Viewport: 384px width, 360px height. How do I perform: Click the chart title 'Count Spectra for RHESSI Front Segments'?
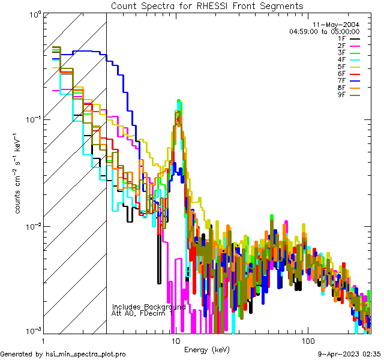click(x=207, y=6)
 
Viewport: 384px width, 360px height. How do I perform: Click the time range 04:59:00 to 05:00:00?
click(x=325, y=31)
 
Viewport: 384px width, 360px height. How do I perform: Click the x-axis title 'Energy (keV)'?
click(x=207, y=349)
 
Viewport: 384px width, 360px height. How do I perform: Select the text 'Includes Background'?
click(x=149, y=306)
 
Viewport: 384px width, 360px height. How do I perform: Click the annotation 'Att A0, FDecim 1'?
click(x=142, y=313)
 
